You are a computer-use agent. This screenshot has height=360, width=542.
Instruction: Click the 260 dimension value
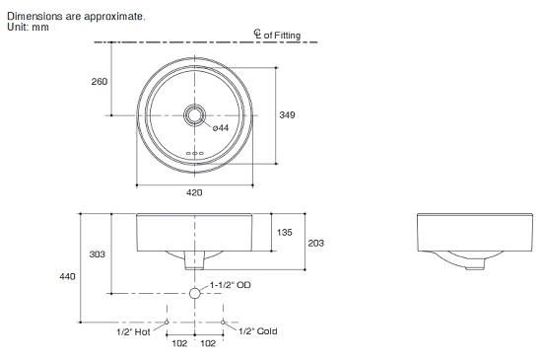click(100, 82)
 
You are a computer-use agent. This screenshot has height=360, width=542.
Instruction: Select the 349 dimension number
click(287, 114)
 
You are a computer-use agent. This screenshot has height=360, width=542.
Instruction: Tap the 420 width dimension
click(194, 192)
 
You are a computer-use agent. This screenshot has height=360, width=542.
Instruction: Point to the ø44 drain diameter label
click(221, 128)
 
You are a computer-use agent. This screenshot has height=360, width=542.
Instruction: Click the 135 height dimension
click(285, 233)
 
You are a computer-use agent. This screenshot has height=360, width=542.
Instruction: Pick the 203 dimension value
click(316, 243)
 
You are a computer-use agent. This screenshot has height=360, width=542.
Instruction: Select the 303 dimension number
click(98, 254)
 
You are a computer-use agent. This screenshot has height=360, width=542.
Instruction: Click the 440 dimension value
click(67, 276)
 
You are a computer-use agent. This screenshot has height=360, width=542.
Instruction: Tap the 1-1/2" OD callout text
click(231, 285)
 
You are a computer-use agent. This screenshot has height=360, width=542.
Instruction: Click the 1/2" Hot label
click(133, 332)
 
